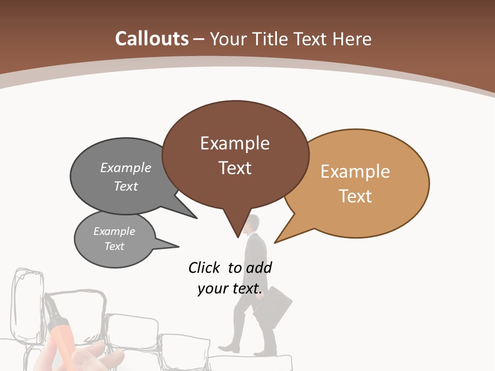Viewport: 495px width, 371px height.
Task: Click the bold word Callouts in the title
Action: [x=152, y=39]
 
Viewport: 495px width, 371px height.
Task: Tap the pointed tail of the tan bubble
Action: [x=276, y=241]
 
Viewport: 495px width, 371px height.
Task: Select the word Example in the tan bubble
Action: [x=355, y=172]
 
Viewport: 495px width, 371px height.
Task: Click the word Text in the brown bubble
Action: [x=235, y=168]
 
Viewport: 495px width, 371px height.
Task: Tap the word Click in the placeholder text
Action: [x=204, y=267]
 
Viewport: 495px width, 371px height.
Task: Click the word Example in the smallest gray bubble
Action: [x=114, y=231]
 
